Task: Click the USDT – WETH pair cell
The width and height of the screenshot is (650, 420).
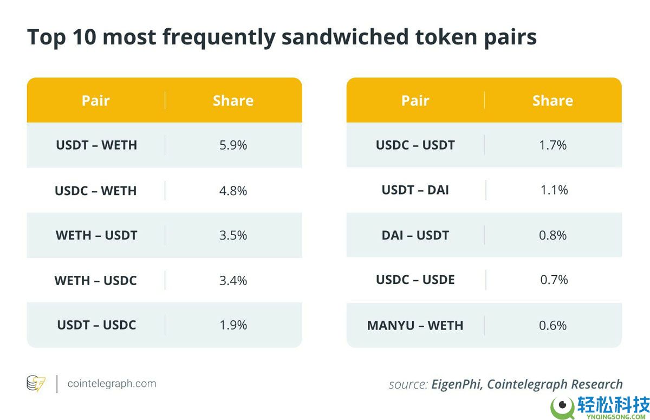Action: [96, 145]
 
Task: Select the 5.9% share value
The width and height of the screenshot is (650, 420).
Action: [233, 145]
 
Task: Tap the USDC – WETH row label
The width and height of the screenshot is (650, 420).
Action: [96, 191]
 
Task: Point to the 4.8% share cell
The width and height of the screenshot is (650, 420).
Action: [233, 191]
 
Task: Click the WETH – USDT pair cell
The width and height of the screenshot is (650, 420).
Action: [96, 235]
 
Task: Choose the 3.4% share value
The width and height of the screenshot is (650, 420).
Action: [233, 280]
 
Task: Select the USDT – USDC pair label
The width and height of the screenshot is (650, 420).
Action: [96, 325]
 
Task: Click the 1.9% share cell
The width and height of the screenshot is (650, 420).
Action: [233, 325]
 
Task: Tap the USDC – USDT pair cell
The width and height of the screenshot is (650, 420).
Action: [415, 145]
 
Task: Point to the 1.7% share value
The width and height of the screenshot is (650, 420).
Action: [553, 145]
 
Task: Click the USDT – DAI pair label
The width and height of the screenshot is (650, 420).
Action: [415, 190]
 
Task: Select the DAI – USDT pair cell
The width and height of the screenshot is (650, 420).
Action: [415, 235]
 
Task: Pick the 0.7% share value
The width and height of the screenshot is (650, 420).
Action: [554, 280]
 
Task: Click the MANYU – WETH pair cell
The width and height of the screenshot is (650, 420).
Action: [415, 326]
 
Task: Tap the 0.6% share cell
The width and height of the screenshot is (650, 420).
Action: [553, 326]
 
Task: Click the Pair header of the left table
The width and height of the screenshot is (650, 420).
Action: [96, 101]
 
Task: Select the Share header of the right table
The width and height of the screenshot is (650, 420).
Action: [552, 101]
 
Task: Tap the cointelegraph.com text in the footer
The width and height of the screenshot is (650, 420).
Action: [112, 384]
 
